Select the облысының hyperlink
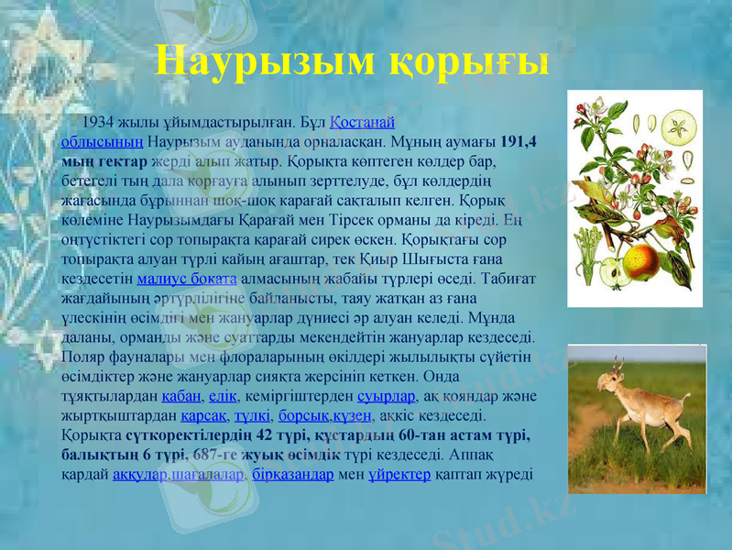coord(102,143)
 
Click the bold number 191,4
coord(519,143)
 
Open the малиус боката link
coord(187,279)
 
